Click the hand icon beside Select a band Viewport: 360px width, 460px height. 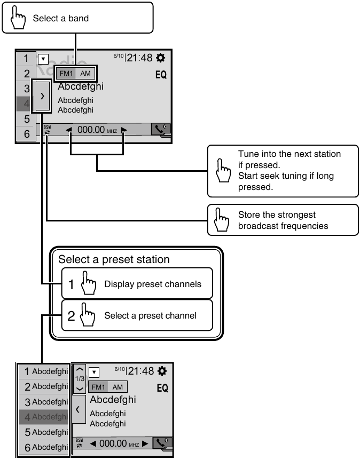pos(18,18)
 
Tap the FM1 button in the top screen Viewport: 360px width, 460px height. pos(66,74)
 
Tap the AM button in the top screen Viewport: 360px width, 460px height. pos(85,74)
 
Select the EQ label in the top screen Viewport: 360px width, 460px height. pos(161,75)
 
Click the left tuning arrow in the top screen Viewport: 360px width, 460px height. pos(69,130)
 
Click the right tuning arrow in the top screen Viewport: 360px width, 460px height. pos(124,130)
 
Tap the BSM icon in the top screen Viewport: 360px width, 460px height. pos(47,130)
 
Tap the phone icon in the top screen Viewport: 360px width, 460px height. pos(160,130)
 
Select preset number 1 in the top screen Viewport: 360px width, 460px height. pos(26,58)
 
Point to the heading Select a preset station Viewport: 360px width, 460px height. pos(114,260)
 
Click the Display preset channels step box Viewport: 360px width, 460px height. pos(136,283)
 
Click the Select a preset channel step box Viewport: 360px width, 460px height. pos(136,315)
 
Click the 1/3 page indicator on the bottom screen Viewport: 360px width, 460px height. pos(79,378)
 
